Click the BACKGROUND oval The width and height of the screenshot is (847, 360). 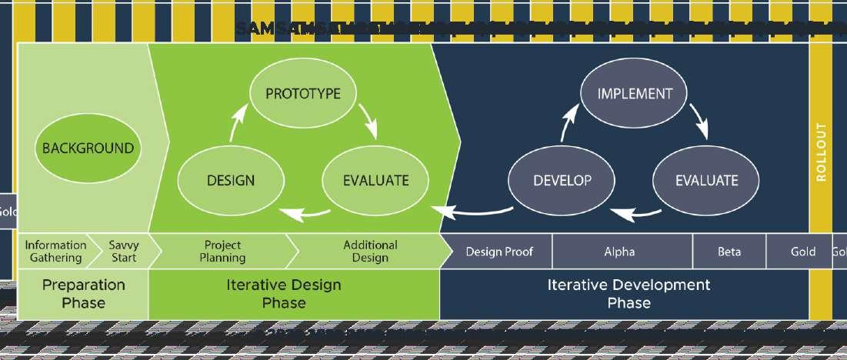click(88, 148)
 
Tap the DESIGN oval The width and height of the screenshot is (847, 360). click(230, 181)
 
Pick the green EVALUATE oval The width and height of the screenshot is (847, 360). click(375, 181)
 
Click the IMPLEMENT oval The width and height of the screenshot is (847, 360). click(635, 94)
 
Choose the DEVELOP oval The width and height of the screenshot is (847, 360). click(562, 181)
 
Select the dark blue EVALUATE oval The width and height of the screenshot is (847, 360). click(706, 181)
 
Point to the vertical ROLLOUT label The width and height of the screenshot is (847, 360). click(821, 152)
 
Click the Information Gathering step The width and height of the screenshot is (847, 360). click(55, 251)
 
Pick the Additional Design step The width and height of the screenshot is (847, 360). click(370, 251)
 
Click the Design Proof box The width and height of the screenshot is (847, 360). click(499, 252)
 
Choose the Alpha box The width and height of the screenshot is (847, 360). click(619, 252)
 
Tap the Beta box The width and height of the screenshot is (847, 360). click(729, 252)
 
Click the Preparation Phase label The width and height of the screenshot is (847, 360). click(83, 293)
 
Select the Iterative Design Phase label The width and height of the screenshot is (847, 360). click(284, 293)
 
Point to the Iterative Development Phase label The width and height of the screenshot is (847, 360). click(629, 293)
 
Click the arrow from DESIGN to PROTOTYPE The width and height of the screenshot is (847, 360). click(238, 122)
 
